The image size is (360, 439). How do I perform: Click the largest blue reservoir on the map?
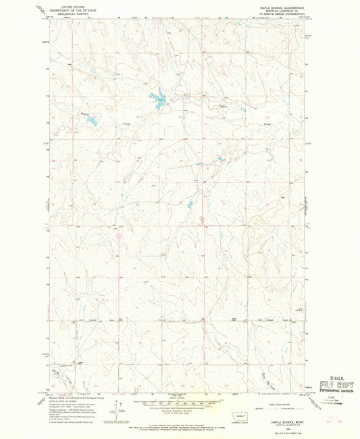click(159, 102)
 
